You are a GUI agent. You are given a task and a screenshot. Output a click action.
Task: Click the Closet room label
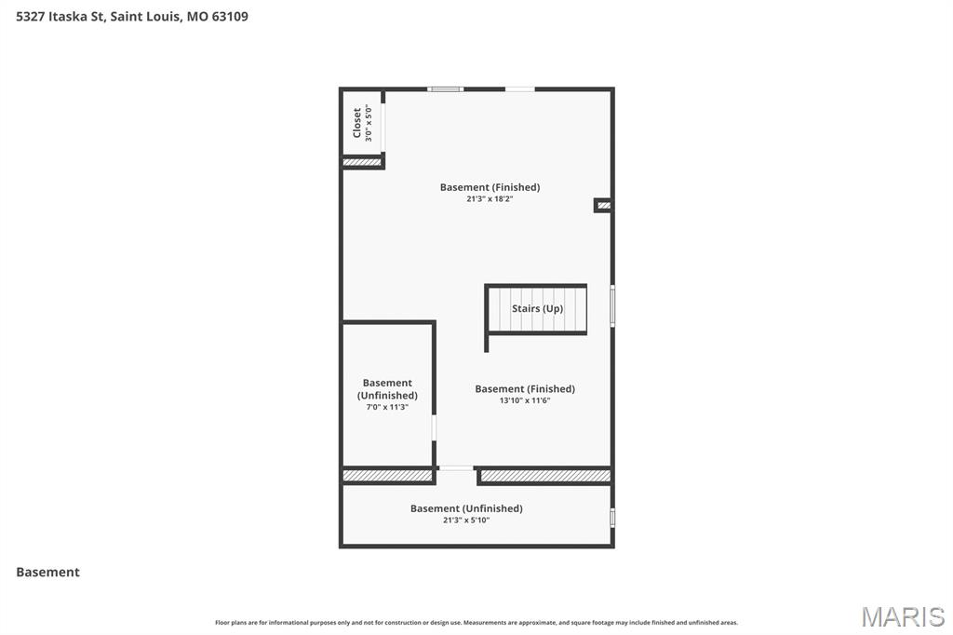[x=356, y=122]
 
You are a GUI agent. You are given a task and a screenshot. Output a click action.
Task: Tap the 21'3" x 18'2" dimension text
[x=490, y=199]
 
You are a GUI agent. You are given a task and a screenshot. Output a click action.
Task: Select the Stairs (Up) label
[x=537, y=308]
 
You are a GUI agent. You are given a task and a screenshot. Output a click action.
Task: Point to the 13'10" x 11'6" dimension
[x=525, y=400]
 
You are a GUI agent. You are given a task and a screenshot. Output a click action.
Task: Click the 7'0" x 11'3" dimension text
[x=387, y=407]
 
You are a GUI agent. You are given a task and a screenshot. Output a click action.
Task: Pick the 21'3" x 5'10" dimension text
[x=466, y=520]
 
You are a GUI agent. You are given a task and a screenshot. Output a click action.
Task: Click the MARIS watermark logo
[x=903, y=615]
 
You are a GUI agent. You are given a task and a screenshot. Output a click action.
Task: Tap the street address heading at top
[x=132, y=16]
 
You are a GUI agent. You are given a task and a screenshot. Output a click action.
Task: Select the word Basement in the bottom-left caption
[x=47, y=572]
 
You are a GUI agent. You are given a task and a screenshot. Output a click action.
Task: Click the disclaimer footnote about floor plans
[x=476, y=623]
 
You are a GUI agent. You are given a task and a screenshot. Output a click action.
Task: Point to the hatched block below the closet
[x=362, y=162]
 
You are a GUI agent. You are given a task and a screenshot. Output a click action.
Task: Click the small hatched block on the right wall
[x=603, y=205]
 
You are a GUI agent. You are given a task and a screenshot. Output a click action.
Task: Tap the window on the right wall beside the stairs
[x=611, y=305]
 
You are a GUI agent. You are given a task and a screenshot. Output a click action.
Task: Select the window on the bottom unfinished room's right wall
[x=611, y=517]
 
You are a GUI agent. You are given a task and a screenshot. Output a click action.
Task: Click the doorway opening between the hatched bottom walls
[x=456, y=468]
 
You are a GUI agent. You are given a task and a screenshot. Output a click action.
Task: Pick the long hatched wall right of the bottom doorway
[x=545, y=476]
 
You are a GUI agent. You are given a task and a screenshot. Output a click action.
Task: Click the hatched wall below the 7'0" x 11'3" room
[x=387, y=476]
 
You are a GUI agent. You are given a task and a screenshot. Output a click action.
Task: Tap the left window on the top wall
[x=446, y=89]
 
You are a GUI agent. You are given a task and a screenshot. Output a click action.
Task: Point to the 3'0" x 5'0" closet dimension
[x=369, y=122]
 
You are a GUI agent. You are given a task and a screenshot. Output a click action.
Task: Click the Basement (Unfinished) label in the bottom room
[x=466, y=508]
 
